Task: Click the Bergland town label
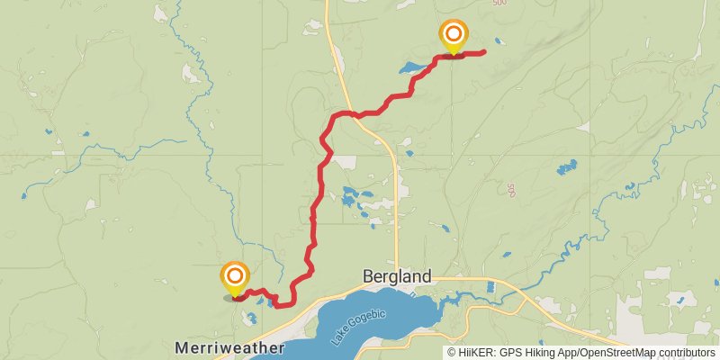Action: [397, 276]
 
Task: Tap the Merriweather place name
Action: [230, 347]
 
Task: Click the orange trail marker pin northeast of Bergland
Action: [454, 36]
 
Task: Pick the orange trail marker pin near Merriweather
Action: [235, 276]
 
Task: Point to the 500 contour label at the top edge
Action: [500, 4]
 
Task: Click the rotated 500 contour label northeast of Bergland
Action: [511, 191]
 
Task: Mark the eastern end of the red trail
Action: [484, 52]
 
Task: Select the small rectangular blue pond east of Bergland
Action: [490, 287]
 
